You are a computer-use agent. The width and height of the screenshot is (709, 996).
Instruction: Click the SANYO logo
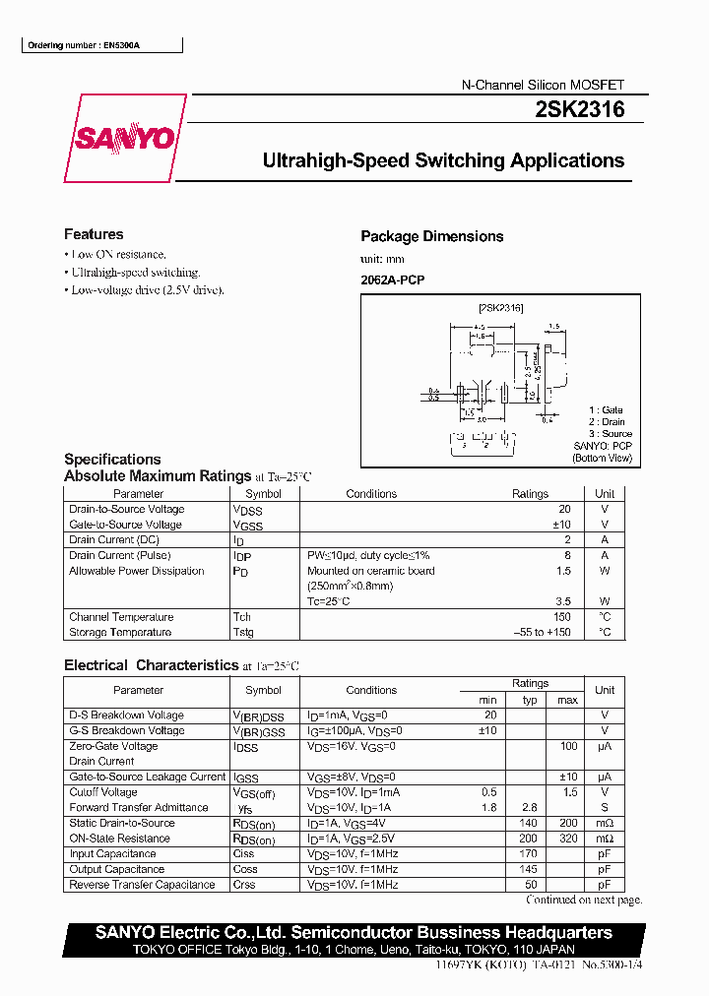coord(125,139)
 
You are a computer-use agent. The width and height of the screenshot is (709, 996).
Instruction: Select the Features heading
coord(94,234)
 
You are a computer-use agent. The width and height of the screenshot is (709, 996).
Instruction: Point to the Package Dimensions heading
coord(431,236)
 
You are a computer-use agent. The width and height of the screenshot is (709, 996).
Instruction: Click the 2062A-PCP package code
coord(393,280)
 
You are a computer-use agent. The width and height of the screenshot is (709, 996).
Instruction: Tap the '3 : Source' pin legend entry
coord(611,434)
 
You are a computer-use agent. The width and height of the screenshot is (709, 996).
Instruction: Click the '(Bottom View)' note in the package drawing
coord(603,458)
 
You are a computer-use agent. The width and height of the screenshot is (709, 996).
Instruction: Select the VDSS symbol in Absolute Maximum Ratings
coord(248,510)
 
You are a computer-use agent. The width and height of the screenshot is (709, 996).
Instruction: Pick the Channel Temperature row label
coord(121,617)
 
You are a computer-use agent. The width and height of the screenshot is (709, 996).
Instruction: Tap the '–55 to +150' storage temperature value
coord(542,632)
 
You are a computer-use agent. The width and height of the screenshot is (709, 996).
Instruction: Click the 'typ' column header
coord(531,700)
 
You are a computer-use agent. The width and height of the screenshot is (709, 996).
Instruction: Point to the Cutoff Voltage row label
coord(103,792)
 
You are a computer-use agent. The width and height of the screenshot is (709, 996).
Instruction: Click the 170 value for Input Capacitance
coord(531,854)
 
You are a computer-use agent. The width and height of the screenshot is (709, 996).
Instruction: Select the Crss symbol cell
coord(244,885)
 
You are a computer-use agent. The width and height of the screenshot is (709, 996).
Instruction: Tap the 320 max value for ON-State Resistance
coord(567,839)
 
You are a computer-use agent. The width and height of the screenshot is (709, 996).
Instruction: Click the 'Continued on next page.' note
coord(584,900)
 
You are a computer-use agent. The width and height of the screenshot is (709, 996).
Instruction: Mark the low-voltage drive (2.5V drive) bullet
coord(148,290)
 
